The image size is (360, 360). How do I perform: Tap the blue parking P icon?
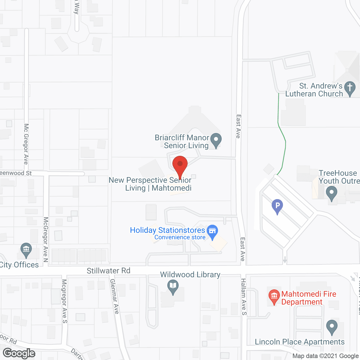277,206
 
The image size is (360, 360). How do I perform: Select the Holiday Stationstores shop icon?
212,231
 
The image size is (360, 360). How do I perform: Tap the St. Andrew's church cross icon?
350,88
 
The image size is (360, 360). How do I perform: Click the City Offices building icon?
26,249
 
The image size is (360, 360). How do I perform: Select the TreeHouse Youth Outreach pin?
332,194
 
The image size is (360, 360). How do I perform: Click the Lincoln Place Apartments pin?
332,327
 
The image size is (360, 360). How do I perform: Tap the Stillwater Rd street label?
109,271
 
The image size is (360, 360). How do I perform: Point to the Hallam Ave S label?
244,297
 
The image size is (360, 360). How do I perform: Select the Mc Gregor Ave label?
26,144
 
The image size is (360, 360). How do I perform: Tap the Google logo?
19,353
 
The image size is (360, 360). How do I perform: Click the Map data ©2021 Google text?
325,356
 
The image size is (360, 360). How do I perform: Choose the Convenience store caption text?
180,237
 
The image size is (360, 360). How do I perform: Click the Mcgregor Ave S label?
64,301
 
